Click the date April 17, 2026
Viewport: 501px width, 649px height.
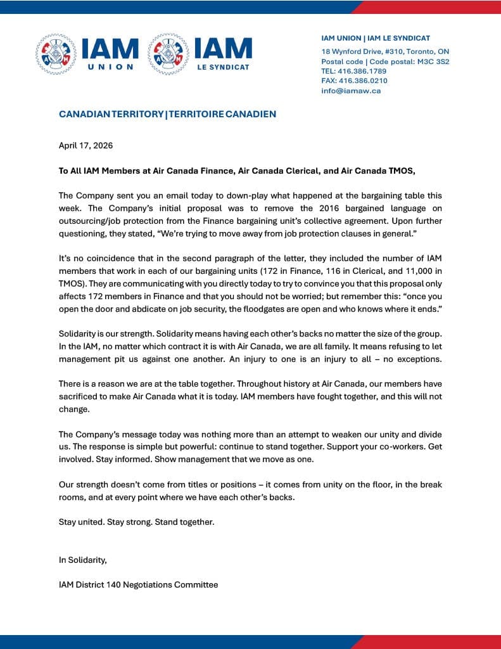point(86,145)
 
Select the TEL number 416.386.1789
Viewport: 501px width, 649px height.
point(363,71)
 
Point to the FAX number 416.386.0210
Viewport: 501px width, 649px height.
point(363,80)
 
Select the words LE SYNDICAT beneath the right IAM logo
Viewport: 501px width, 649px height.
point(223,67)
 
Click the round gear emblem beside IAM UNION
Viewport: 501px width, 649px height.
point(56,53)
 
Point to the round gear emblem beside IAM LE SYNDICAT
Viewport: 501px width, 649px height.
point(168,53)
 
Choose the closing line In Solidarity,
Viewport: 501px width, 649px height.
point(83,560)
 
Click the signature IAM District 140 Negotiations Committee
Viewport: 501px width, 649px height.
point(138,584)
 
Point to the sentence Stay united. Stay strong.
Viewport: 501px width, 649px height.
point(111,522)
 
